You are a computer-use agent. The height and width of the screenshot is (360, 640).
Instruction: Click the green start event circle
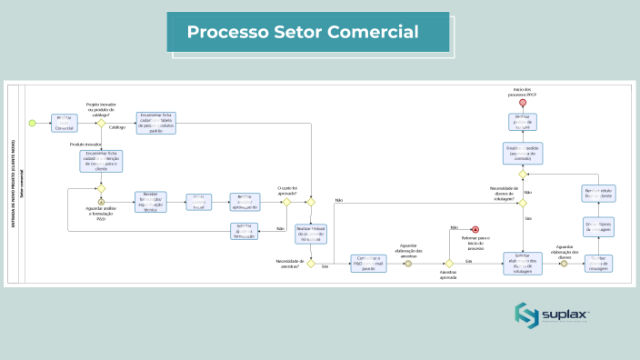(32, 123)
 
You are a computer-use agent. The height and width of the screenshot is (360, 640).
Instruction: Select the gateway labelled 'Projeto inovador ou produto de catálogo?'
(102, 123)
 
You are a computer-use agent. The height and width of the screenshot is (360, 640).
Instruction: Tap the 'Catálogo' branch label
(117, 128)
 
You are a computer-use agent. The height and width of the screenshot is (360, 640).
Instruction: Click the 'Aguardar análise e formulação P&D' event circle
(102, 201)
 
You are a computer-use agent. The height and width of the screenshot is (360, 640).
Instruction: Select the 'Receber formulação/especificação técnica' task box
(152, 201)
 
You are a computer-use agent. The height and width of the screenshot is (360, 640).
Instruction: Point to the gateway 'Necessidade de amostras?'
(310, 265)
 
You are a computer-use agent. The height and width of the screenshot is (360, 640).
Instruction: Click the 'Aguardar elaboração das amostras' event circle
(415, 265)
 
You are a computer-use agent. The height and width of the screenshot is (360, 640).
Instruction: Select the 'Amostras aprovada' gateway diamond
(449, 265)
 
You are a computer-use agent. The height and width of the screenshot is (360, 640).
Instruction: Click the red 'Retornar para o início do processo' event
(475, 229)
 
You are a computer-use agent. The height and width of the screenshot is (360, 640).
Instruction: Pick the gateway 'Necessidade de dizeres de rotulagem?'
(523, 201)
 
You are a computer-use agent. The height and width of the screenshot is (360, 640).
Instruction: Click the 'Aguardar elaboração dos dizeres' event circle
(564, 265)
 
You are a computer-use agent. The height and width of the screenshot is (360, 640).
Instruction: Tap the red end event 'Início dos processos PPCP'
(523, 102)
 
